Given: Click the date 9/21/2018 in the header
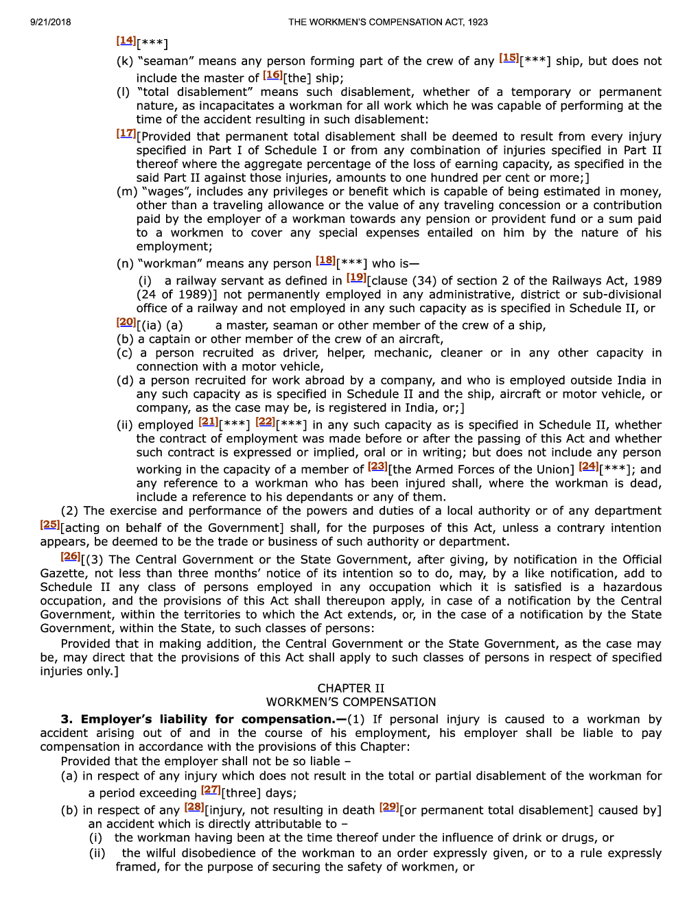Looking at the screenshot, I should [50, 22].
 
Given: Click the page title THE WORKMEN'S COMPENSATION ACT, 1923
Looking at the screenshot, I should [388, 22].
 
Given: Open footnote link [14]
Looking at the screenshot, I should [126, 41].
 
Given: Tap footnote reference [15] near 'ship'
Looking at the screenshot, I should [509, 58].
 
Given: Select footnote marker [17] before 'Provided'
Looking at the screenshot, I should [126, 134].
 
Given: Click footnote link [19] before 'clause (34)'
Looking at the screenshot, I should [356, 278].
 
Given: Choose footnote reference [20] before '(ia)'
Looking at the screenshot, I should [126, 322].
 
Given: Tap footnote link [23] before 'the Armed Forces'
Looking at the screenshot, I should [377, 466].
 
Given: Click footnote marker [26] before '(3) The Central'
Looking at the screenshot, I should [70, 557].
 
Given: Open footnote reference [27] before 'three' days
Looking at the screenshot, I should [211, 790].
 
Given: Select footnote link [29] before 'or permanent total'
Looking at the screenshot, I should [389, 807].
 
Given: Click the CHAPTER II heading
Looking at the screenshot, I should [351, 688].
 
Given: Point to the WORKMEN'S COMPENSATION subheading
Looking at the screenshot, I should [351, 702].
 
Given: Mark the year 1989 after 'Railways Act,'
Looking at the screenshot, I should [647, 281].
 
